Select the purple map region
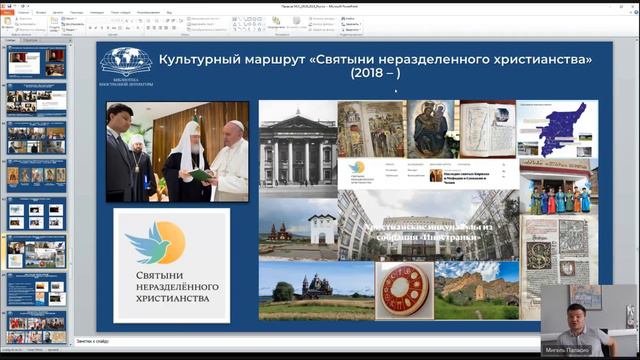(x=563, y=129)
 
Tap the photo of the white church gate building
(x=296, y=228)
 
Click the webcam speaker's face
(x=571, y=305)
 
